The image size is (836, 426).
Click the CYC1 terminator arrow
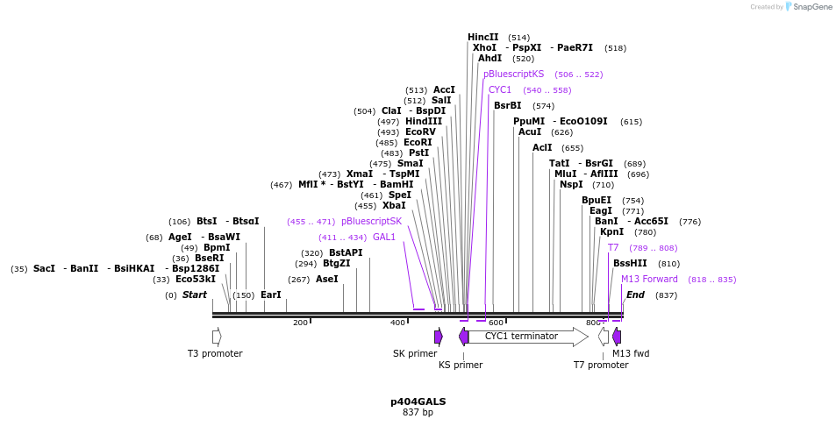523,336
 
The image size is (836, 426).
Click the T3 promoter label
215,353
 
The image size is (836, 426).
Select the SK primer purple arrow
438,337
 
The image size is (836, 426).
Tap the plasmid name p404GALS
418,401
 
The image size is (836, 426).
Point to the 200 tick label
300,323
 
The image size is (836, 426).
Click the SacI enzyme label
44,268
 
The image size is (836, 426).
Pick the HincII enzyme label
483,37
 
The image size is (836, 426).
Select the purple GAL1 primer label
384,237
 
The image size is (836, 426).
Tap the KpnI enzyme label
611,231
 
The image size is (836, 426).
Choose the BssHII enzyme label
630,263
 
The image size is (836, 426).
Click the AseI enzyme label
326,279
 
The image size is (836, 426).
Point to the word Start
195,295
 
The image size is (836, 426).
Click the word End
635,295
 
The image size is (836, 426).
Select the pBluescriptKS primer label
514,74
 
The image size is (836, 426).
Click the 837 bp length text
418,412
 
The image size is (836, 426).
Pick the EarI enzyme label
271,295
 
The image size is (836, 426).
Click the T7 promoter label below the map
601,365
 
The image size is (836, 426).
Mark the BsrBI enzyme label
508,105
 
